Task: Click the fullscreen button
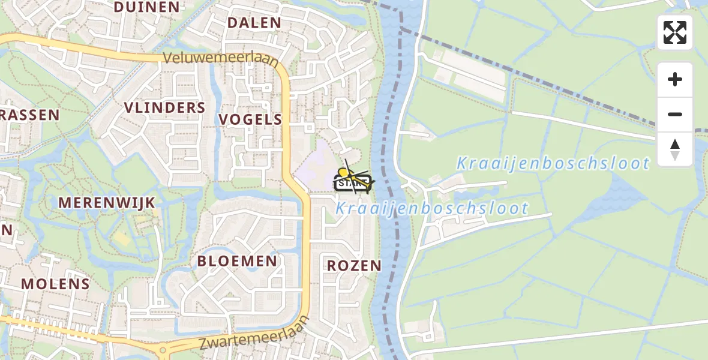(675, 32)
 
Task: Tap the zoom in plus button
(675, 79)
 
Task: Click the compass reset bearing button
(675, 149)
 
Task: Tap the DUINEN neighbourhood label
(146, 7)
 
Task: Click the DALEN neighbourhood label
(254, 23)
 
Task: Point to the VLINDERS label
(164, 108)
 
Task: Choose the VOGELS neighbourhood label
(250, 119)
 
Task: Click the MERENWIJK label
(107, 203)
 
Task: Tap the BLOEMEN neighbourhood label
(237, 261)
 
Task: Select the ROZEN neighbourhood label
(354, 266)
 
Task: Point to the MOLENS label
(55, 284)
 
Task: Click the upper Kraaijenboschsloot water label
(553, 163)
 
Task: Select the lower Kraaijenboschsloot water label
(432, 209)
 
